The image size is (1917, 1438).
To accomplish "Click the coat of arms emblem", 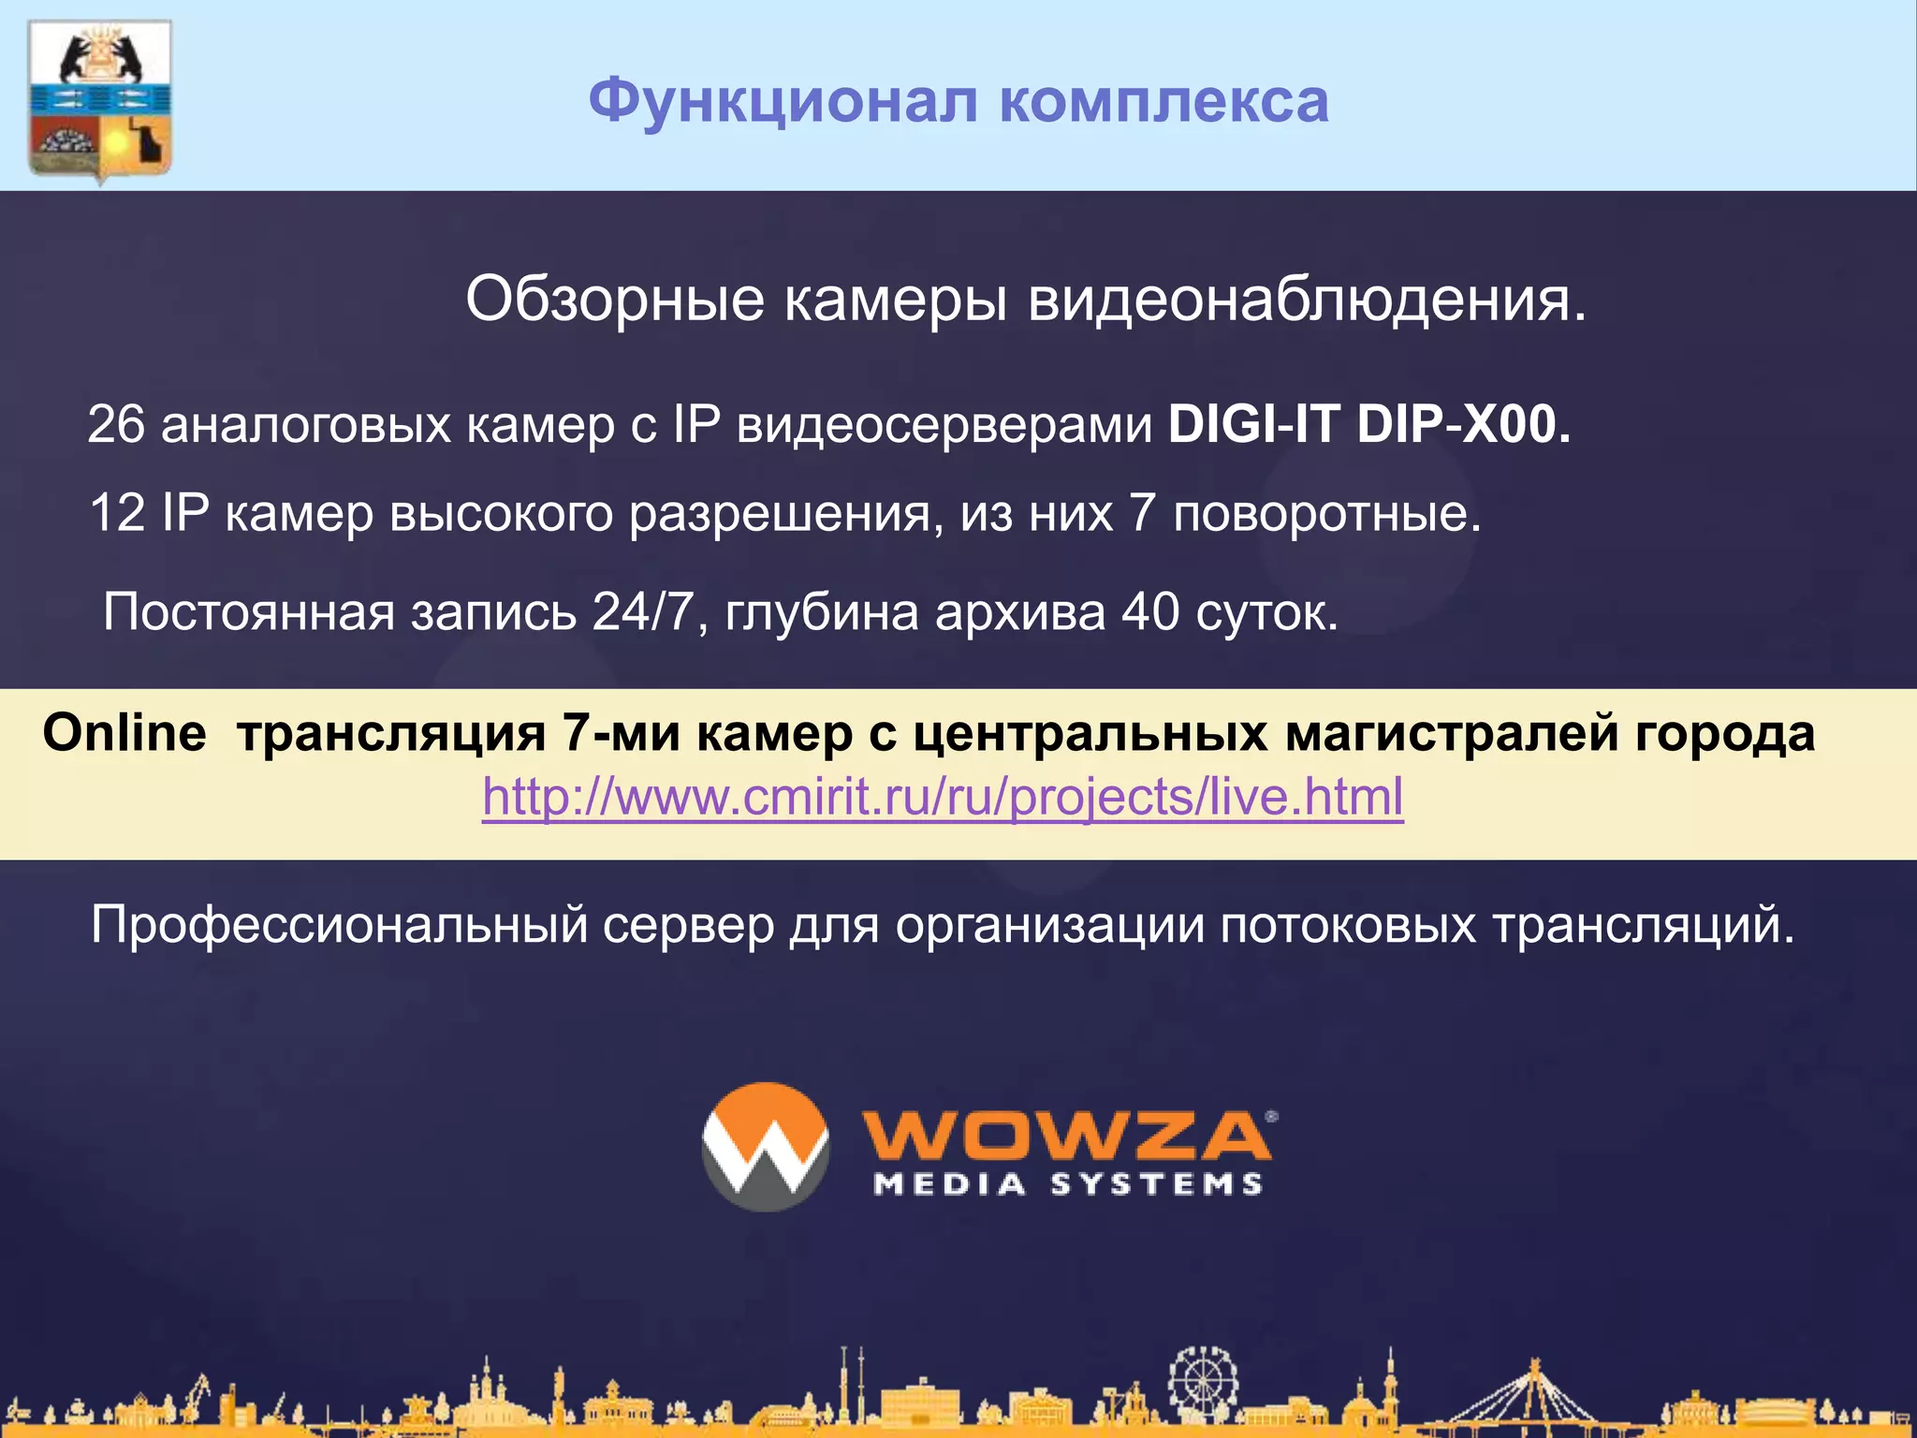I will pyautogui.click(x=100, y=101).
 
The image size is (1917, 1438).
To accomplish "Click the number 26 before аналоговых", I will pyautogui.click(x=116, y=424).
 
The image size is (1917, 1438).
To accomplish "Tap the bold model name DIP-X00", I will pyautogui.click(x=1463, y=424).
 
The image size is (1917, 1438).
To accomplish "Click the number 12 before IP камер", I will pyautogui.click(x=117, y=513).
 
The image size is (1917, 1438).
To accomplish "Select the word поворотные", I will pyautogui.click(x=1326, y=513).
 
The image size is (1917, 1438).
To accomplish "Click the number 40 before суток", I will pyautogui.click(x=1150, y=612).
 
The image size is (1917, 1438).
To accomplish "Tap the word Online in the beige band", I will pyautogui.click(x=124, y=732).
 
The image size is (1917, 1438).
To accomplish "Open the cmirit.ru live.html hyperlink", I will pyautogui.click(x=943, y=798).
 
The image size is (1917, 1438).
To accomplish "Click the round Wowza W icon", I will pyautogui.click(x=766, y=1147).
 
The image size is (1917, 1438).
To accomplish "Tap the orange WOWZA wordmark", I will pyautogui.click(x=1067, y=1137).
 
